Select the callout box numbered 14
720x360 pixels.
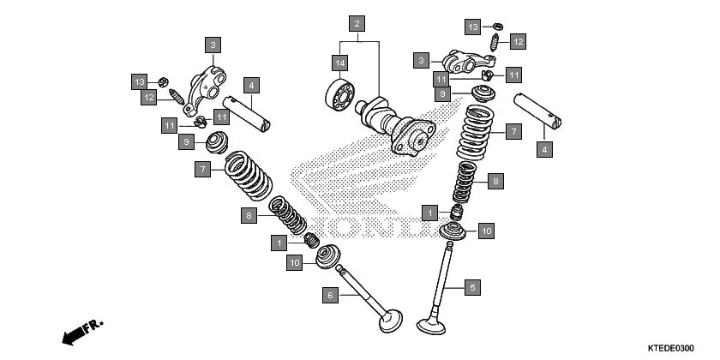coord(340,63)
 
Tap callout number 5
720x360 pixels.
coord(471,288)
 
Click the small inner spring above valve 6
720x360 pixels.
coord(287,215)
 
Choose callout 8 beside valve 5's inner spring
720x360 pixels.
coord(494,181)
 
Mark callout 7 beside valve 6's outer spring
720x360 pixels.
coord(202,171)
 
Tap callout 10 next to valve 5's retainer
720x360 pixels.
coord(486,231)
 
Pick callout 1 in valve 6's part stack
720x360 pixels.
coord(279,243)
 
